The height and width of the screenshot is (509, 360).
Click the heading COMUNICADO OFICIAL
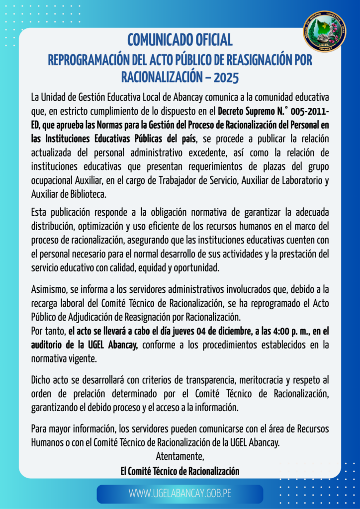tap(180, 39)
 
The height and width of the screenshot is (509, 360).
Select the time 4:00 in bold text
tap(267, 331)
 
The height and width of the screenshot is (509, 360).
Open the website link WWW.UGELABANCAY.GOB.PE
tap(180, 494)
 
